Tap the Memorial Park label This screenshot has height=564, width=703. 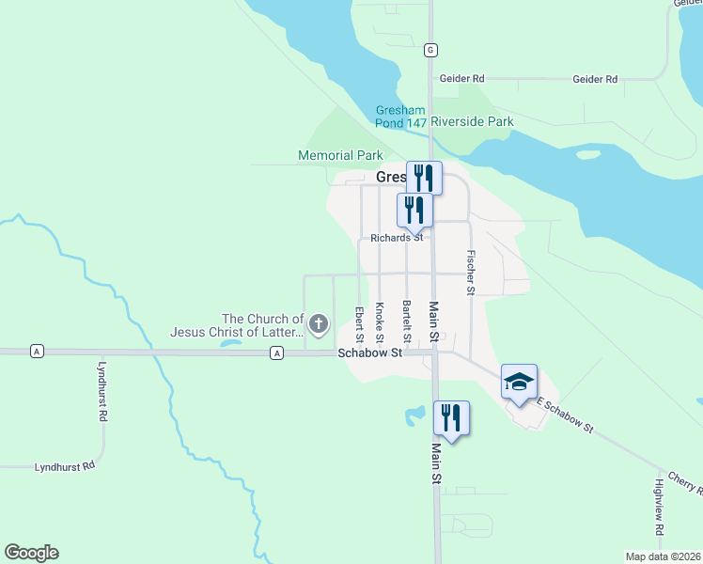click(340, 155)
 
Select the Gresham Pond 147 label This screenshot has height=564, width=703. click(401, 116)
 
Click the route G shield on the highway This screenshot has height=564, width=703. click(430, 50)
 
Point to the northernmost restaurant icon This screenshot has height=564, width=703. click(423, 176)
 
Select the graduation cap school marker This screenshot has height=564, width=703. click(519, 382)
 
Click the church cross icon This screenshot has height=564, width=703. click(319, 325)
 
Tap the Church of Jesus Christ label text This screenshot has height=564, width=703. click(237, 325)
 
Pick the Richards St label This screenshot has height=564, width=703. click(396, 239)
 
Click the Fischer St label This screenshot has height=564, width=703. click(470, 272)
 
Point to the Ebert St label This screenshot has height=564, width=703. click(359, 323)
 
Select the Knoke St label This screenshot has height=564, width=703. click(380, 322)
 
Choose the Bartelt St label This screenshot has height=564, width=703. click(407, 321)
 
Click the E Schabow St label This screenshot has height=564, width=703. click(566, 415)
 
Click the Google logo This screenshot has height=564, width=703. click(31, 553)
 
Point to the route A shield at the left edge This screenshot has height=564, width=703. click(37, 352)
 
